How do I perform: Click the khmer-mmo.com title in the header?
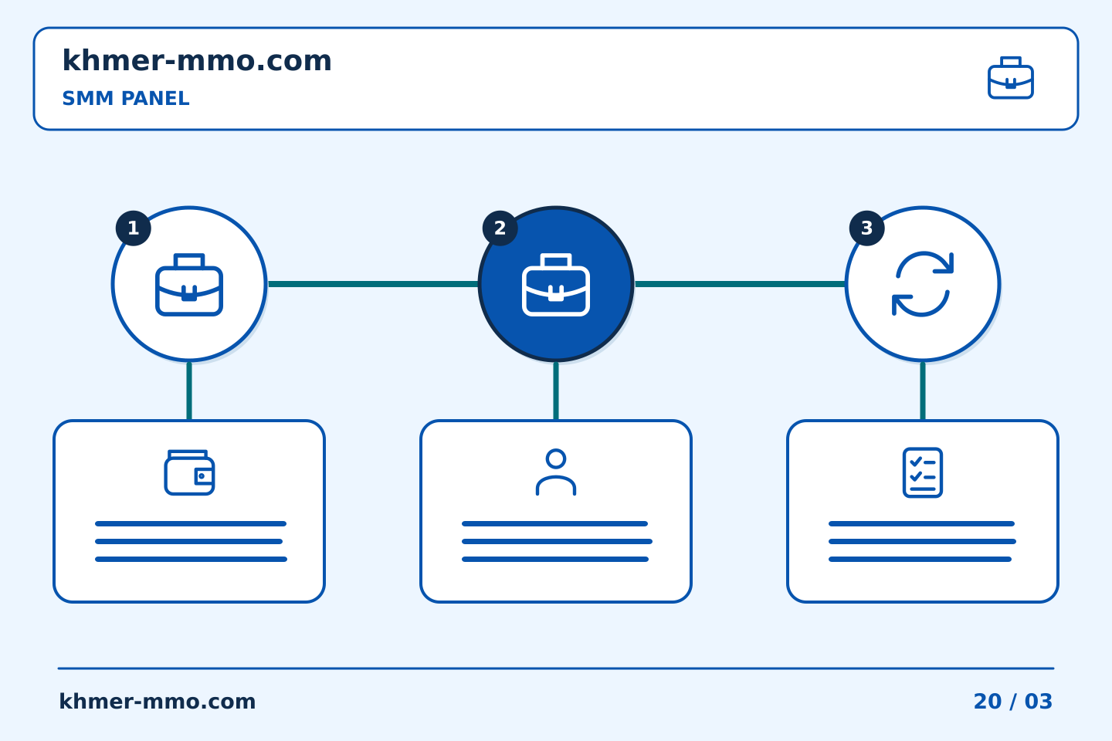click(x=197, y=60)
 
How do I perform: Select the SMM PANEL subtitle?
click(x=126, y=98)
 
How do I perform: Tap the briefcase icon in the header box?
click(x=1010, y=78)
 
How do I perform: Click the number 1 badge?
click(x=133, y=228)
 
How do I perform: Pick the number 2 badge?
click(x=500, y=228)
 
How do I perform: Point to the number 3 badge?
click(x=866, y=228)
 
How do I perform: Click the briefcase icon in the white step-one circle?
click(x=189, y=284)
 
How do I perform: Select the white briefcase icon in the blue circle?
click(x=556, y=284)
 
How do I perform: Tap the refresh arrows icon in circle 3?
click(x=922, y=284)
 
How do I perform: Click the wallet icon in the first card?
click(x=189, y=472)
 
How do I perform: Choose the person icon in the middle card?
click(x=556, y=472)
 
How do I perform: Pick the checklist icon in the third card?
click(x=922, y=472)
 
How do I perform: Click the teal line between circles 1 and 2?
click(x=373, y=284)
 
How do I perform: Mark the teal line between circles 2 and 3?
click(x=740, y=284)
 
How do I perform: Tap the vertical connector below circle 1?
click(x=189, y=391)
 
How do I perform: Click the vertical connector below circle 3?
click(x=922, y=391)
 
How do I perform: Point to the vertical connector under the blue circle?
click(x=556, y=391)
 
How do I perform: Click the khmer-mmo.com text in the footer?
click(x=157, y=702)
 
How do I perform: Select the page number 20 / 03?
click(x=1012, y=702)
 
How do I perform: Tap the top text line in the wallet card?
click(x=191, y=523)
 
